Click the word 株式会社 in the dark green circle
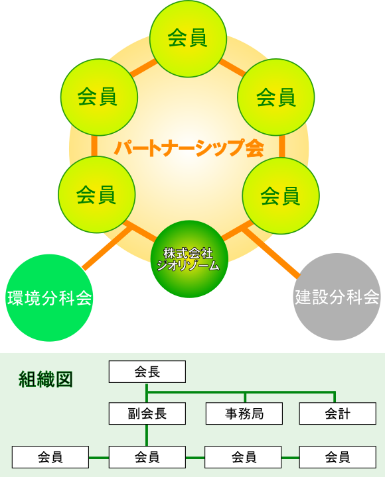point(188,253)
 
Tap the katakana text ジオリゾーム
point(188,265)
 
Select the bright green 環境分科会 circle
point(49,298)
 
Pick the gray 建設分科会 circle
point(337,297)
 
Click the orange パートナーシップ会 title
point(189,148)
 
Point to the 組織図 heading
point(46,380)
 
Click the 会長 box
point(147,372)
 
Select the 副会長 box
point(147,413)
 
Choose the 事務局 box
point(244,413)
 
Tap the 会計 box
point(338,413)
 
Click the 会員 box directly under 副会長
point(147,457)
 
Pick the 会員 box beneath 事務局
point(243,457)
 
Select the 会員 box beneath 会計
point(338,457)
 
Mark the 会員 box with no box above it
point(50,457)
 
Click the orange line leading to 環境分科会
point(107,248)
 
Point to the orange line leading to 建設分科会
point(271,253)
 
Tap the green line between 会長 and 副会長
point(147,392)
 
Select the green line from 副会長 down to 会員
point(147,435)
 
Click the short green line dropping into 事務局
point(245,397)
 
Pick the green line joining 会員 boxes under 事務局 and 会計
point(290,457)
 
